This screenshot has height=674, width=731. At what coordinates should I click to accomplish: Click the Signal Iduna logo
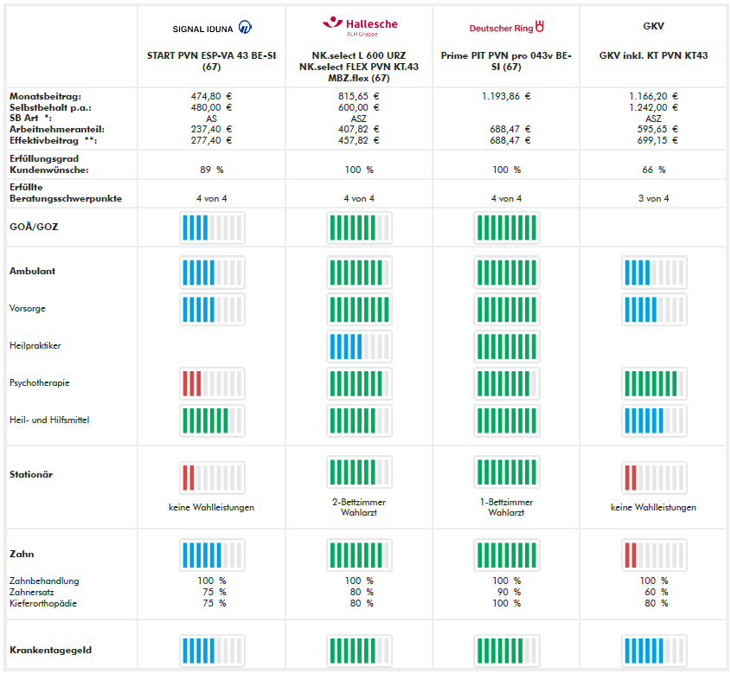212,28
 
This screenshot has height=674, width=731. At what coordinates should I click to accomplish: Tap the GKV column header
653,27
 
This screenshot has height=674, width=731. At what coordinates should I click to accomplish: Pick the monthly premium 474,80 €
211,96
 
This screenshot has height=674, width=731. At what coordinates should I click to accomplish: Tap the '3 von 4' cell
653,198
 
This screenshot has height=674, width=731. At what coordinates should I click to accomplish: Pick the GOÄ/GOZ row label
29,227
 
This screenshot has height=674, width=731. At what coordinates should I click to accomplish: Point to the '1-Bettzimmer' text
506,502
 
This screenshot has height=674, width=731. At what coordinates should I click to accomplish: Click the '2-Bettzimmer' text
359,502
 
